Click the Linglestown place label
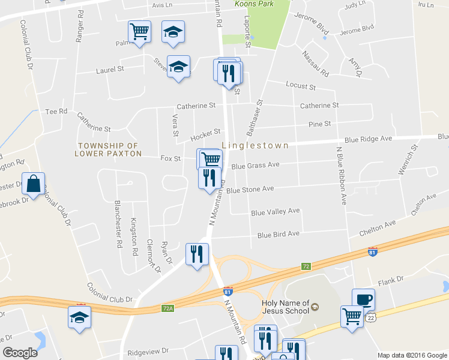[255, 145]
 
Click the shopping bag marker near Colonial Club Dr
[34, 184]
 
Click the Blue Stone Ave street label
[250, 189]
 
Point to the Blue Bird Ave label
[278, 234]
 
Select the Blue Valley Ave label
[275, 212]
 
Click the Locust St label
[300, 86]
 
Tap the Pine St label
[319, 124]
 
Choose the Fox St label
[170, 158]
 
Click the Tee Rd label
[56, 112]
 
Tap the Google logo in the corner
[20, 353]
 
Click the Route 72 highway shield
[306, 265]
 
